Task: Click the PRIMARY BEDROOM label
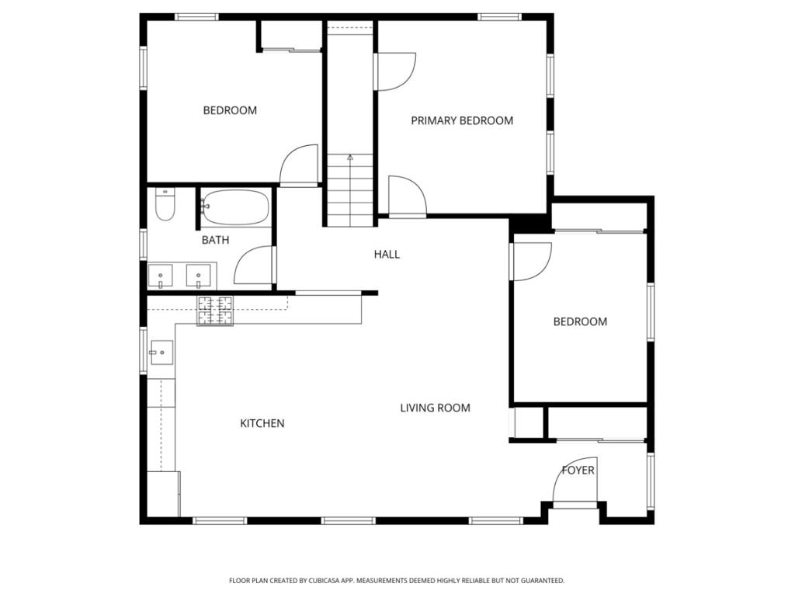coord(462,120)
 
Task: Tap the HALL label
coord(387,254)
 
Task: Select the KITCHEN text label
coord(262,423)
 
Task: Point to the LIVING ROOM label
coord(435,408)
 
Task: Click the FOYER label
coord(578,471)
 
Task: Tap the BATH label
coord(215,240)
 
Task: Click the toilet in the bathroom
coord(165,205)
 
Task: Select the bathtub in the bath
coord(236,207)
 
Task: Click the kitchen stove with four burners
coord(215,311)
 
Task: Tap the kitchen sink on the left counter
coord(161,353)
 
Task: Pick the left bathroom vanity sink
coord(161,276)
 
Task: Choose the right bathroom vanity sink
coord(200,276)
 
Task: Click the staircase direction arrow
coord(350,158)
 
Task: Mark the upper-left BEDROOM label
coord(230,110)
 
